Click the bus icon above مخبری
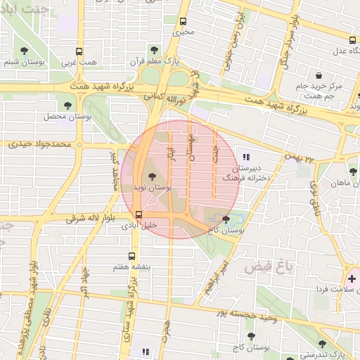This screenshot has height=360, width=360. click(183, 21)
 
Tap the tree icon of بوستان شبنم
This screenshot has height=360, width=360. click(25, 51)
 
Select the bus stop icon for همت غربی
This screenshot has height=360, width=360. click(79, 51)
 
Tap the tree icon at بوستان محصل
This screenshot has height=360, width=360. click(67, 105)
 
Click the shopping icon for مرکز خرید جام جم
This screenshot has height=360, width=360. click(319, 75)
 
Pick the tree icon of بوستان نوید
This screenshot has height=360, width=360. click(151, 177)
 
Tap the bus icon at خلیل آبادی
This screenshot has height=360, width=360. click(139, 214)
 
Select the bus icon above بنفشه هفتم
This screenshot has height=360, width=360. click(131, 257)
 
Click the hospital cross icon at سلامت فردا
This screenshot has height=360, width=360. click(352, 278)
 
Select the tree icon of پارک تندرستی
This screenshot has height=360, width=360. click(322, 344)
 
